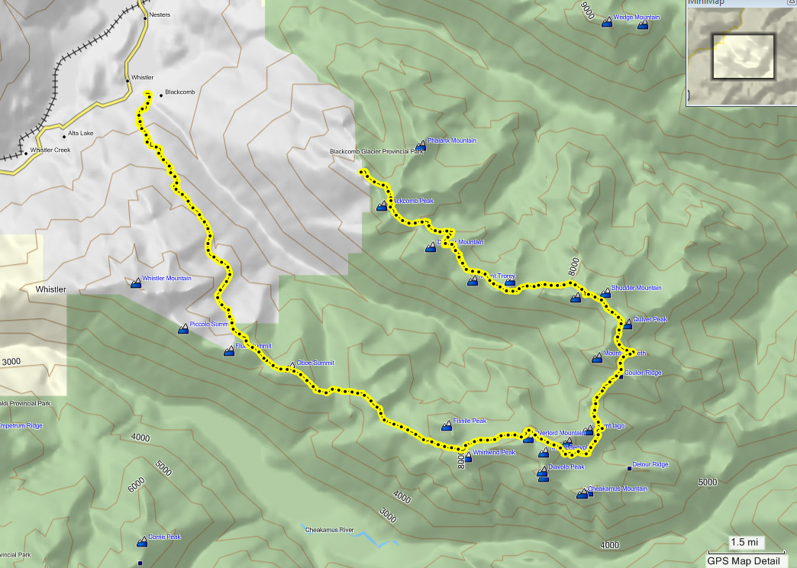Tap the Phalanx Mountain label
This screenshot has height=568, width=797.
click(452, 140)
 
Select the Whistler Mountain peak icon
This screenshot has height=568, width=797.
click(136, 283)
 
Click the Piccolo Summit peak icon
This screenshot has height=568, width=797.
click(183, 329)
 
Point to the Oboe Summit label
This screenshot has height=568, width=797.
click(315, 363)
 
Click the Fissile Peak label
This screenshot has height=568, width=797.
click(469, 421)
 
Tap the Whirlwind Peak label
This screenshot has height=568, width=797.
click(494, 452)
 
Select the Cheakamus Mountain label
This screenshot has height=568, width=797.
click(618, 489)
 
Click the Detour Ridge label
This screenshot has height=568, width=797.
click(651, 464)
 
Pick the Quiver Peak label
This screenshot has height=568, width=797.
click(650, 319)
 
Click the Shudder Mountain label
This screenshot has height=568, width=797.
click(636, 288)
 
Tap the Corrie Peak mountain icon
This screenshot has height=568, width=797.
click(142, 542)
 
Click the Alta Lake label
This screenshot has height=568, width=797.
click(79, 134)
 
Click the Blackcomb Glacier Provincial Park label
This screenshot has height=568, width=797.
click(376, 151)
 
